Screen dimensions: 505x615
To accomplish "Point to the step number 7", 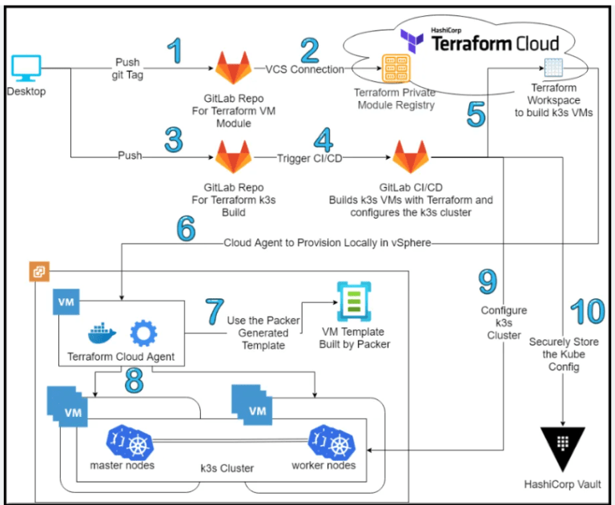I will click(212, 310).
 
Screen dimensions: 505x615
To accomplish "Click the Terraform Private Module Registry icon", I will click(395, 71).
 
